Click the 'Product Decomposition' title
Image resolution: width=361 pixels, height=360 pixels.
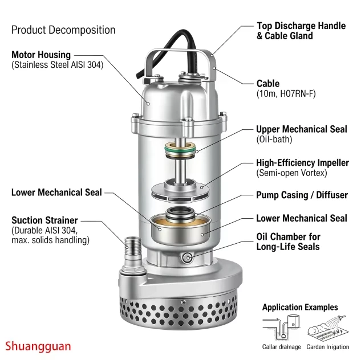[x=63, y=30]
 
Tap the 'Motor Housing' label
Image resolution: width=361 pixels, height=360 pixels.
[x=41, y=55]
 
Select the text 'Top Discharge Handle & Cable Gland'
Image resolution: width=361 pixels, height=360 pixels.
[x=301, y=31]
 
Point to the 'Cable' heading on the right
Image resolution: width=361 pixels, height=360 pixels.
[x=268, y=83]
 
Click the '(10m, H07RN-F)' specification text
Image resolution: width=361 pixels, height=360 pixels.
[x=286, y=94]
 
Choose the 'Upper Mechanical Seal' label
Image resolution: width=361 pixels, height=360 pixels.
[x=302, y=129]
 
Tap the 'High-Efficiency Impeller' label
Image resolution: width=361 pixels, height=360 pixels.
[x=302, y=163]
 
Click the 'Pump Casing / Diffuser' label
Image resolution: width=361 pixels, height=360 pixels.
[x=302, y=195]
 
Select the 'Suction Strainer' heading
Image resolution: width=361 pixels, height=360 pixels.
[x=44, y=220]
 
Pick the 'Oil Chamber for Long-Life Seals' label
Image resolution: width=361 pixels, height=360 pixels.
[x=288, y=242]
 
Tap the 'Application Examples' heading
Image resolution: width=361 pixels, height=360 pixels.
[x=300, y=307]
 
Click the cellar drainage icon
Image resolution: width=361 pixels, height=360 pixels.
[x=281, y=328]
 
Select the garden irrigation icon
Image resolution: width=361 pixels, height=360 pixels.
[x=328, y=328]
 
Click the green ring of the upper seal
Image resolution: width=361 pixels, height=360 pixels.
[x=180, y=149]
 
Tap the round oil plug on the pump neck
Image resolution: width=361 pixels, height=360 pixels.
[x=187, y=257]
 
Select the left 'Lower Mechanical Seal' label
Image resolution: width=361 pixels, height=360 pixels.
[x=56, y=193]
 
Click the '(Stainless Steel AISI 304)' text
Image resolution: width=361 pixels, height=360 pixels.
[x=58, y=65]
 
